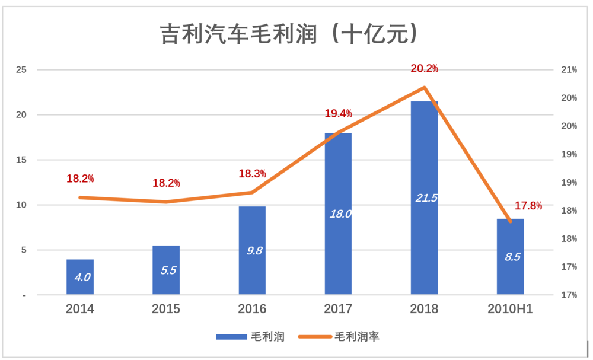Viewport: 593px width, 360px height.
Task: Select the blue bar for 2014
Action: coord(80,277)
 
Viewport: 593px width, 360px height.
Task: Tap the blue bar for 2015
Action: coord(166,270)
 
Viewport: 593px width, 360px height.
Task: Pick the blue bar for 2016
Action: coord(252,250)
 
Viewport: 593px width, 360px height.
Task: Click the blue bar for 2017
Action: coord(338,214)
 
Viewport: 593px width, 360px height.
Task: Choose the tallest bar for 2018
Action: coord(424,198)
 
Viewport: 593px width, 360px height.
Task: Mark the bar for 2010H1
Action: coord(511,257)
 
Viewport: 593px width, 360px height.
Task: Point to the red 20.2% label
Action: coord(425,69)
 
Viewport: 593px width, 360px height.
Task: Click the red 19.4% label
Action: coord(338,113)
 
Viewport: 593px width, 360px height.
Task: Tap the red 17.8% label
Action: coord(528,206)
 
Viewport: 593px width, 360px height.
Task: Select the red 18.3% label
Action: coord(252,174)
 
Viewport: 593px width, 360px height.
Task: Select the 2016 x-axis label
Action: coord(252,309)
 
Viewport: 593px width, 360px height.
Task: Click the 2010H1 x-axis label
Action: coord(511,309)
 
